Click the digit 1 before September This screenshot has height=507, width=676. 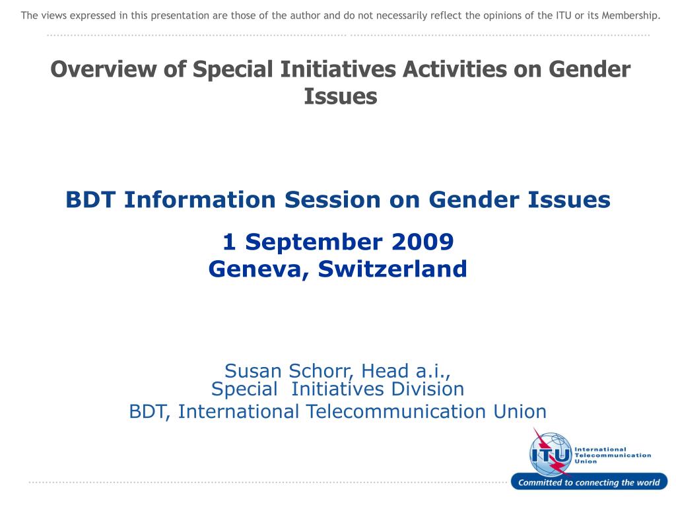pyautogui.click(x=229, y=242)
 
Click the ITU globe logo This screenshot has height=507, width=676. pyautogui.click(x=551, y=454)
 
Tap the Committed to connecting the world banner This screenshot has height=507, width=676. pyautogui.click(x=588, y=483)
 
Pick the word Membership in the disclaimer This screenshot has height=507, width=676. pyautogui.click(x=626, y=15)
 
